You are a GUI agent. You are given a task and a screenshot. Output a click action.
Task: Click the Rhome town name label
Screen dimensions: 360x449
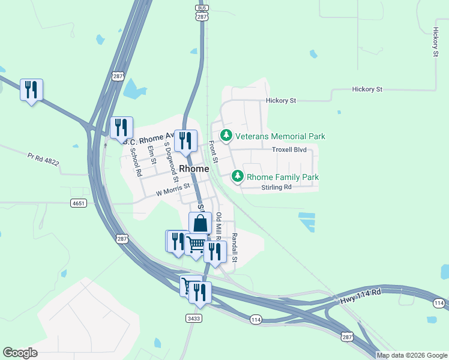194,169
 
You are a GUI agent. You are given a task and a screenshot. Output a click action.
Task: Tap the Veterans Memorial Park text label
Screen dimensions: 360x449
280,136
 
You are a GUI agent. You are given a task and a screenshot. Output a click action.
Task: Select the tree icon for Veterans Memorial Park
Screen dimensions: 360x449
226,136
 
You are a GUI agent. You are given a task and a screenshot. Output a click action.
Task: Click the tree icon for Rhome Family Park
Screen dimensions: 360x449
238,176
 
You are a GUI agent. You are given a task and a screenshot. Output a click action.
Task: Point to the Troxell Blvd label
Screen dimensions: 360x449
289,149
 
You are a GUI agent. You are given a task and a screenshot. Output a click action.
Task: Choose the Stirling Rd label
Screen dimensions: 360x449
276,187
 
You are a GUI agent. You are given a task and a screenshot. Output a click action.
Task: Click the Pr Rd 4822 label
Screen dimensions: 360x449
43,160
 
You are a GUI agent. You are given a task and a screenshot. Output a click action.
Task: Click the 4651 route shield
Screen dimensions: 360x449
78,203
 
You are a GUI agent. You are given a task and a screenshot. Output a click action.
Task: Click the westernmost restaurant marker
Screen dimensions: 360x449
31,89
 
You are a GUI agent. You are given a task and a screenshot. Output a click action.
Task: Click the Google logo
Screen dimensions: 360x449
20,353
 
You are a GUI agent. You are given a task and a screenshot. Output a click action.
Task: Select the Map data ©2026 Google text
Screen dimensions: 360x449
412,355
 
